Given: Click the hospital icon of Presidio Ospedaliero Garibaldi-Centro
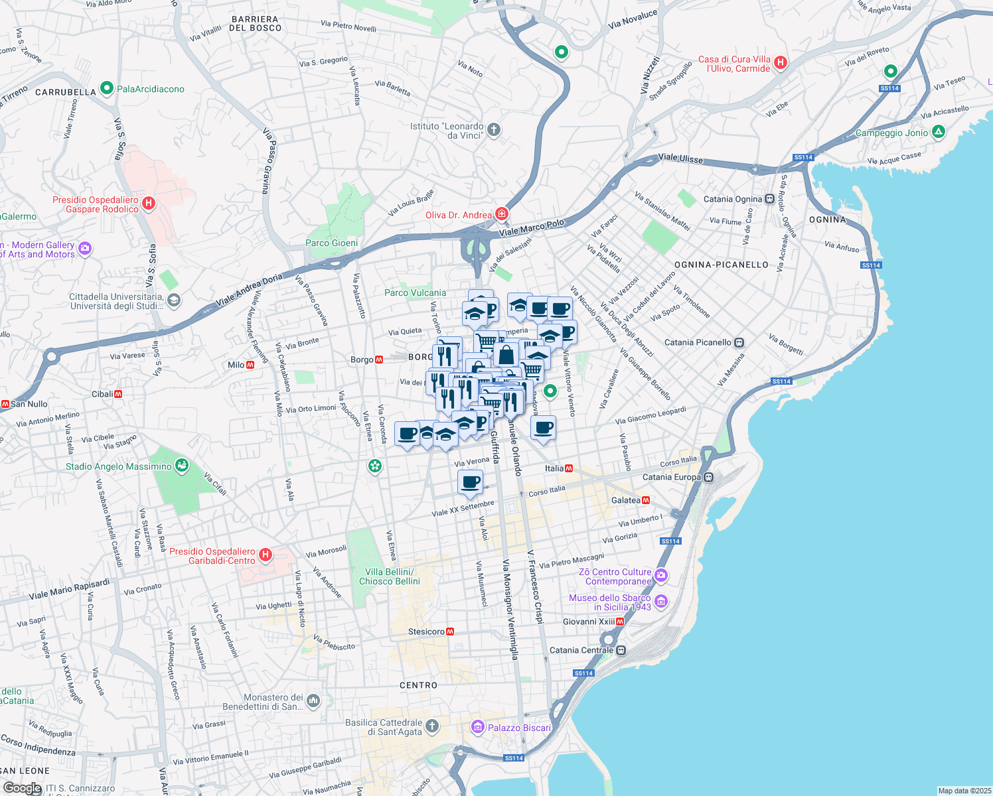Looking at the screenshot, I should coord(266,555).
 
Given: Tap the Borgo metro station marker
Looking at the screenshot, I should coord(379,360).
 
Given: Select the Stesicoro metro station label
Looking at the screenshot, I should coord(425,631).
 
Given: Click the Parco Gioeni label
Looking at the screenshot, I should coord(331,243).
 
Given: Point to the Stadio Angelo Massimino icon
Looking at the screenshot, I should coord(181,466).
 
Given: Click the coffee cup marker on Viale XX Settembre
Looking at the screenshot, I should coord(470,483).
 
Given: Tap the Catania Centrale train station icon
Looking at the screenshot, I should coord(621,650).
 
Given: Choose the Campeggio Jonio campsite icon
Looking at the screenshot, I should coord(938,133).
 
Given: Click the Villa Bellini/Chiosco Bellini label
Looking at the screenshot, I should coord(390,576).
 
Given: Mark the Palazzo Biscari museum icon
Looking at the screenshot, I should coord(477,728).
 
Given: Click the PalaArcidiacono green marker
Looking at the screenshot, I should coord(106,88).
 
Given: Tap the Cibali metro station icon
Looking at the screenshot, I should coord(118,394).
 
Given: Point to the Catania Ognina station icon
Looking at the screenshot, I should coord(769,199).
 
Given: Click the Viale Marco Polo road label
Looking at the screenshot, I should coord(531,228).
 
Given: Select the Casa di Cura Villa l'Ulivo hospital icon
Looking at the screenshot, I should coord(781,63).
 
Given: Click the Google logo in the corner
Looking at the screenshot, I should coord(22,788).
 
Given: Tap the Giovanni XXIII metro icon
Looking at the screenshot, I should coord(620,622).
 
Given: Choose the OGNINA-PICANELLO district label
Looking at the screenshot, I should coord(721,265).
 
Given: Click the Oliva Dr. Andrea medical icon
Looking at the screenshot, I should coord(501,214).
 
